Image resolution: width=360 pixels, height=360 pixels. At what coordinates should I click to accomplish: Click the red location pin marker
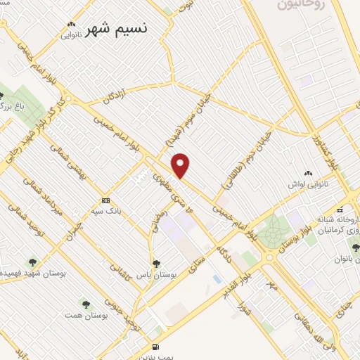coord(181,165)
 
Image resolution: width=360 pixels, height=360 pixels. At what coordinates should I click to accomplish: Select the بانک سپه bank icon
coord(105,200)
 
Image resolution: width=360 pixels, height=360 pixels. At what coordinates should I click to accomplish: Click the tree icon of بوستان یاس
coord(155,264)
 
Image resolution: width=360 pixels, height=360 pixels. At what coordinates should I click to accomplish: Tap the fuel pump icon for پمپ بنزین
coord(155,347)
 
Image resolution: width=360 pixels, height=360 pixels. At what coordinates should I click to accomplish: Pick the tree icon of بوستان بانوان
coord(354,247)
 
